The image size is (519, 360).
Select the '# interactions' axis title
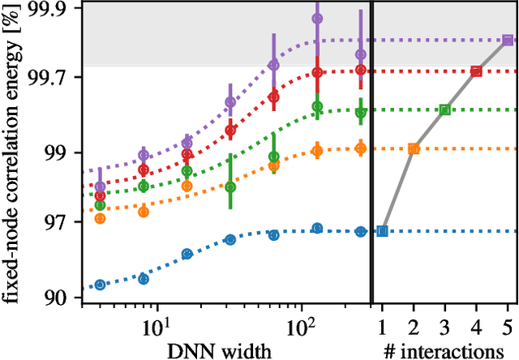[444, 349]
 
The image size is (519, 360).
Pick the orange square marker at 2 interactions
[414, 148]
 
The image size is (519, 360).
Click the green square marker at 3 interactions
[444, 109]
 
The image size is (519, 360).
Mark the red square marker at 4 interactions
[476, 71]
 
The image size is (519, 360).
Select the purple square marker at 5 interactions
[507, 40]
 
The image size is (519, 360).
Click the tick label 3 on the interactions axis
[444, 329]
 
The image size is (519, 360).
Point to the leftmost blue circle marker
[100, 285]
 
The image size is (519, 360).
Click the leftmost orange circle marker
[100, 218]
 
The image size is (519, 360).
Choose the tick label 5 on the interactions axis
[507, 329]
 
